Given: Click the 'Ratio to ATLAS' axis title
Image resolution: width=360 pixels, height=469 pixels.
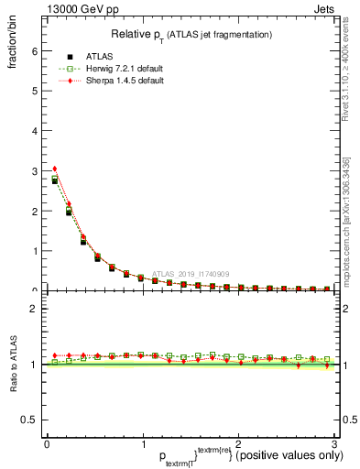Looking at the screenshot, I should point(14,364).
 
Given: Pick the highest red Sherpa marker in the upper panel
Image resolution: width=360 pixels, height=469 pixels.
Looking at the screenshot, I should point(55,169).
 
